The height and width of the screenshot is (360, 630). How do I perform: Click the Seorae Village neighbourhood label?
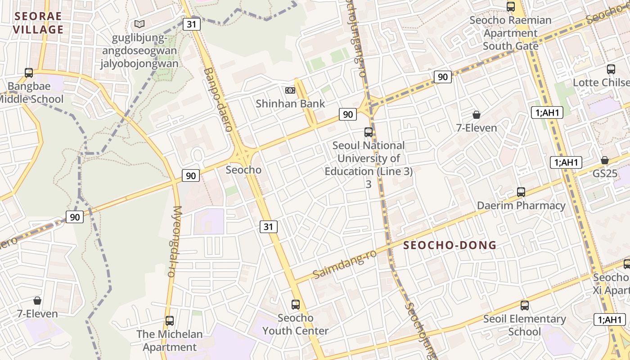(x=38, y=23)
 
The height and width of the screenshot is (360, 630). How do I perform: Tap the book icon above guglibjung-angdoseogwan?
(x=139, y=24)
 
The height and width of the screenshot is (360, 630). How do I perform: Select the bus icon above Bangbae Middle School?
(x=29, y=72)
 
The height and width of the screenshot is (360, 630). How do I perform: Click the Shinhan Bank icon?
(x=290, y=90)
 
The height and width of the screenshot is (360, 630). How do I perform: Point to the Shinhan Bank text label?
(x=290, y=103)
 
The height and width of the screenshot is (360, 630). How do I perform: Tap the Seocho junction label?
(x=243, y=170)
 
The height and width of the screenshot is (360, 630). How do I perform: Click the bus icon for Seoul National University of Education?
(x=369, y=132)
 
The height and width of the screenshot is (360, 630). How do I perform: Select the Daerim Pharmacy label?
(x=521, y=206)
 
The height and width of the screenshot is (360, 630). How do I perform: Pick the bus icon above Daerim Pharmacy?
(x=521, y=192)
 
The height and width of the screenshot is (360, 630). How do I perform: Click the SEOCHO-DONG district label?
(x=450, y=245)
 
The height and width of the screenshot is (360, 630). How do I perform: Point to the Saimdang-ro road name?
(x=344, y=264)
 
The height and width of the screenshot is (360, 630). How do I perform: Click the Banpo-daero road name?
(x=218, y=99)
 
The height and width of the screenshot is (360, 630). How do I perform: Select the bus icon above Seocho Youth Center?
(x=296, y=304)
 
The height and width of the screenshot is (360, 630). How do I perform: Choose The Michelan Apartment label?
(x=170, y=341)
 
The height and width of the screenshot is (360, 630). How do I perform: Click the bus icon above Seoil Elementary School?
(x=525, y=306)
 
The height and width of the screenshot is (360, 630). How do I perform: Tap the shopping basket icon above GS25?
(x=605, y=160)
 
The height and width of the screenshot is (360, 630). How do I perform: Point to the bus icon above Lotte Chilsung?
(x=611, y=69)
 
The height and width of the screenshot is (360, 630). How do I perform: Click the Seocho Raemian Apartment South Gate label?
(x=510, y=33)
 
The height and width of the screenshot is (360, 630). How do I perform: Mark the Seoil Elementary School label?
(x=525, y=325)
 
